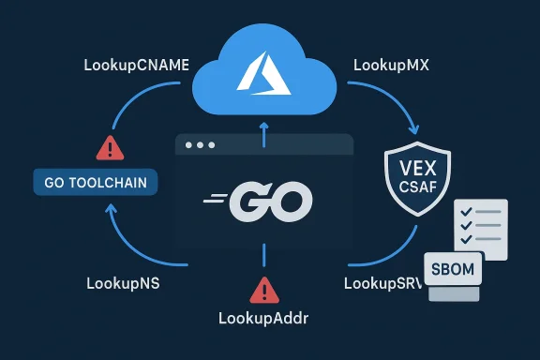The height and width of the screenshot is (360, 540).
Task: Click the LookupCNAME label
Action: click(136, 67)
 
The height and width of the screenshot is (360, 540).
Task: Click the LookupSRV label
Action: click(379, 281)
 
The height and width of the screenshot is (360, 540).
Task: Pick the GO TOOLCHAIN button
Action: click(95, 182)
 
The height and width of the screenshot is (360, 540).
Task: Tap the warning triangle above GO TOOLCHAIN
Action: click(110, 147)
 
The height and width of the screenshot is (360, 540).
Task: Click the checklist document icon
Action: click(479, 227)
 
